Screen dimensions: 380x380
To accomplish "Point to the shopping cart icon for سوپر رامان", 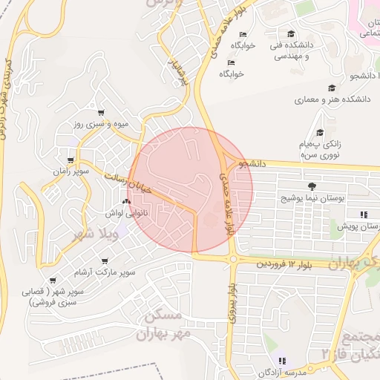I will [x=71, y=160].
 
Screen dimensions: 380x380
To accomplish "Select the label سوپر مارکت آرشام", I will [x=109, y=272].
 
